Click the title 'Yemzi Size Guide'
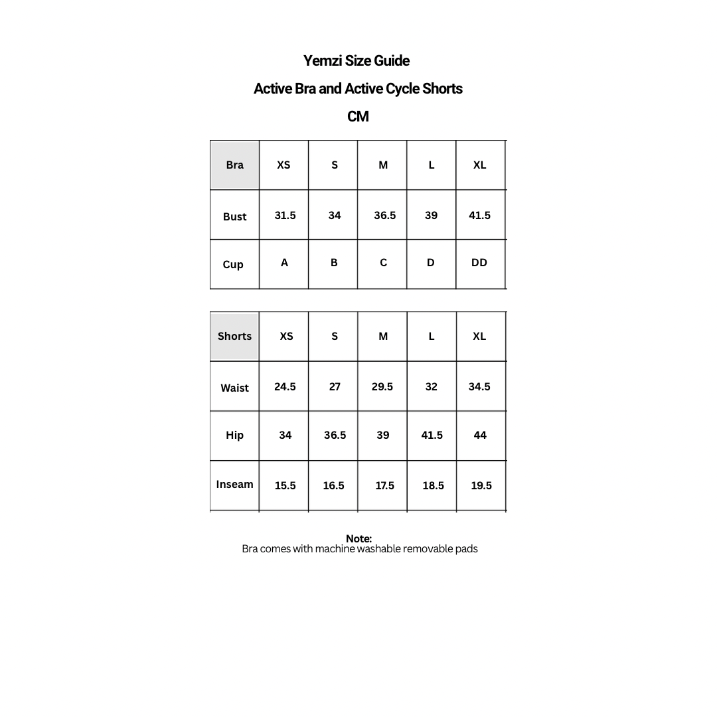357,61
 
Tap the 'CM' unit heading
358,117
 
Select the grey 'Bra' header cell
234,165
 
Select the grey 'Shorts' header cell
234,337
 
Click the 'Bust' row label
234,216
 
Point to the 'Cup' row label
233,264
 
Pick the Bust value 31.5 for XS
285,215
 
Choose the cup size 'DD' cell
479,263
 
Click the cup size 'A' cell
284,263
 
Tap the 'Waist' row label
234,388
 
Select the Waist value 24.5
285,386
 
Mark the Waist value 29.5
382,386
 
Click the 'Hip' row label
234,436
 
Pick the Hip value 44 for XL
480,436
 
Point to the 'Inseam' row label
234,485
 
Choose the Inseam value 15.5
285,486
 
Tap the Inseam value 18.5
433,486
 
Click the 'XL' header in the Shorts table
479,337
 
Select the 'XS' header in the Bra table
283,165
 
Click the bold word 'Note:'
358,538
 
